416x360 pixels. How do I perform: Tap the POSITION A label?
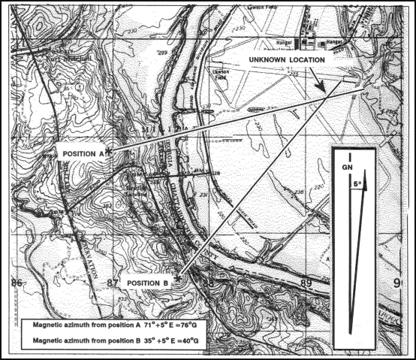[81, 153]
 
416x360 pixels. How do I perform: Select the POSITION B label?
[147, 282]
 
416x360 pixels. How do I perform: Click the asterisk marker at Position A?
[109, 151]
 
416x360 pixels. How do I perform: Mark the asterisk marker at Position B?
[177, 278]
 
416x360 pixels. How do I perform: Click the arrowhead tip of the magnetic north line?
[365, 187]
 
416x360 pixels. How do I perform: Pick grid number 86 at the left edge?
[16, 283]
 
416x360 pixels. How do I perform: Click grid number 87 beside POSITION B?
[113, 283]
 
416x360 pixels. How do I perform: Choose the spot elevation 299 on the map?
[161, 53]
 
